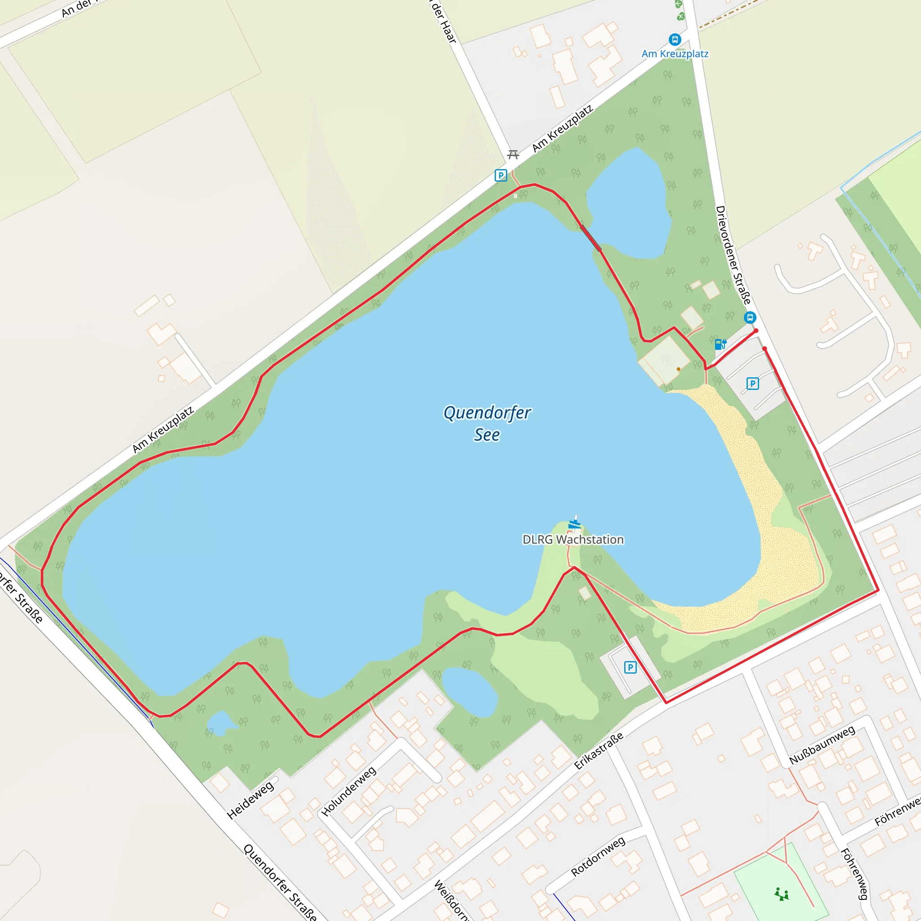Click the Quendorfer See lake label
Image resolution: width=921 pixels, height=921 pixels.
[x=487, y=423]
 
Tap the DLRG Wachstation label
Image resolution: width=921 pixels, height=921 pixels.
[x=573, y=540]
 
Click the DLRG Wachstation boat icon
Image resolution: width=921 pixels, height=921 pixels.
[x=575, y=523]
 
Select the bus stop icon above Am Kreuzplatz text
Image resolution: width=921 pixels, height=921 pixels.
[x=675, y=40]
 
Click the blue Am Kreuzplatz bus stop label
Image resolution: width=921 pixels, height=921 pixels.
[x=675, y=54]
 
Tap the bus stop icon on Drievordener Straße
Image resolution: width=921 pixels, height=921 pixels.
[x=750, y=317]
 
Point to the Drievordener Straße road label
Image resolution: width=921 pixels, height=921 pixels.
[x=733, y=255]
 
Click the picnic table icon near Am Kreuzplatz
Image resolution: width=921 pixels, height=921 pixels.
[x=513, y=154]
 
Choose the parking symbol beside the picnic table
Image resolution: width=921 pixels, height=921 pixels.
[x=501, y=175]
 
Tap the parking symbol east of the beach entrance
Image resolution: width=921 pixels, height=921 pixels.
[x=753, y=383]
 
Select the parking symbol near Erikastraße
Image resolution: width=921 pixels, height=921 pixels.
[x=630, y=667]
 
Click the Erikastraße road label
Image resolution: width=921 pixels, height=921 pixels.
[x=598, y=751]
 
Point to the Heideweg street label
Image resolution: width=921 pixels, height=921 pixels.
[x=251, y=800]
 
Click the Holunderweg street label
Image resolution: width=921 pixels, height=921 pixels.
[x=349, y=791]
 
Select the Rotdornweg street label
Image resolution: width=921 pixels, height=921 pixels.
[x=598, y=857]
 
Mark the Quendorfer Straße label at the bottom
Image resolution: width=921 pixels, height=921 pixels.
[x=280, y=882]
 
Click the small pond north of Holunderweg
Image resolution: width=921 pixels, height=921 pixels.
[x=469, y=692]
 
